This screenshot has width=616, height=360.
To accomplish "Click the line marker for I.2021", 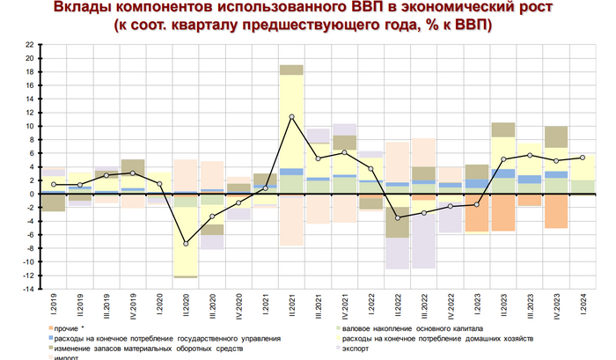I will (x=265, y=187).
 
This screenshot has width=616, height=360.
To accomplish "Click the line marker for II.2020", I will (x=186, y=244).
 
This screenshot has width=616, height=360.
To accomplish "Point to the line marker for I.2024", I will (x=583, y=158).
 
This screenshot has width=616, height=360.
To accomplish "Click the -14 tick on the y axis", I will (x=29, y=289).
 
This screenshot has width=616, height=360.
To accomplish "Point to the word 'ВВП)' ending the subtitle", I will (x=472, y=26).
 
